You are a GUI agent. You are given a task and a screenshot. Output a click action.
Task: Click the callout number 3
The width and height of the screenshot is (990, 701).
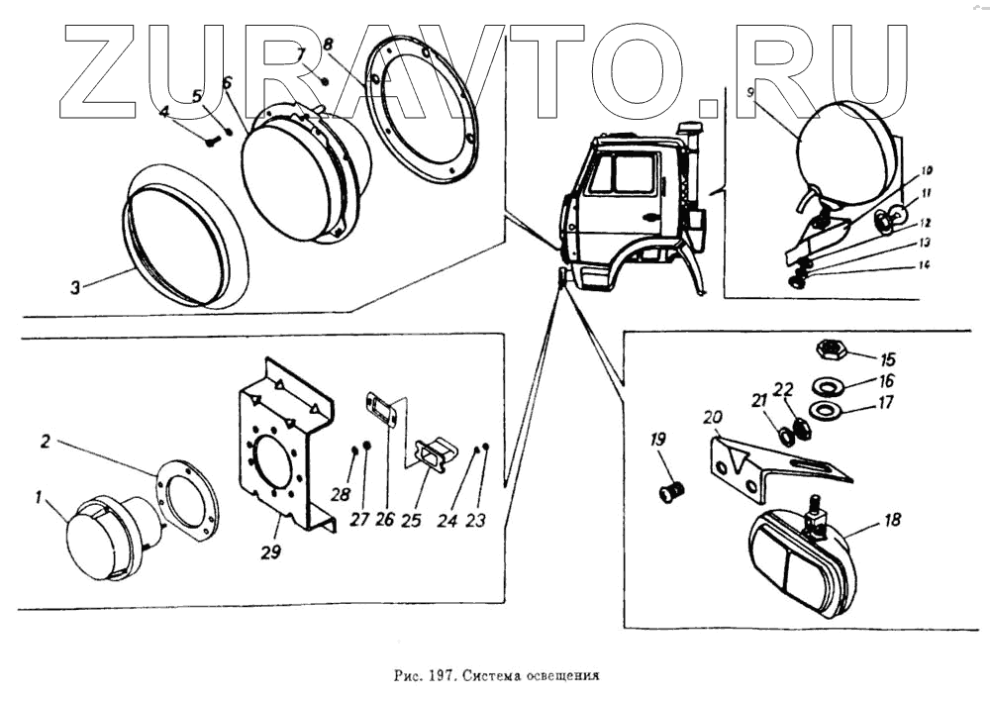tap(74, 288)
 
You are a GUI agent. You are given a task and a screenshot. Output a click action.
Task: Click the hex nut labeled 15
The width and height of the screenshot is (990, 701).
tap(827, 350)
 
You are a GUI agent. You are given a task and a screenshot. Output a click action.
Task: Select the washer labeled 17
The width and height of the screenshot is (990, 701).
tap(823, 409)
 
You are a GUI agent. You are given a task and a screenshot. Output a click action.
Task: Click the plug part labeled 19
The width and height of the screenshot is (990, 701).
tap(673, 489)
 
